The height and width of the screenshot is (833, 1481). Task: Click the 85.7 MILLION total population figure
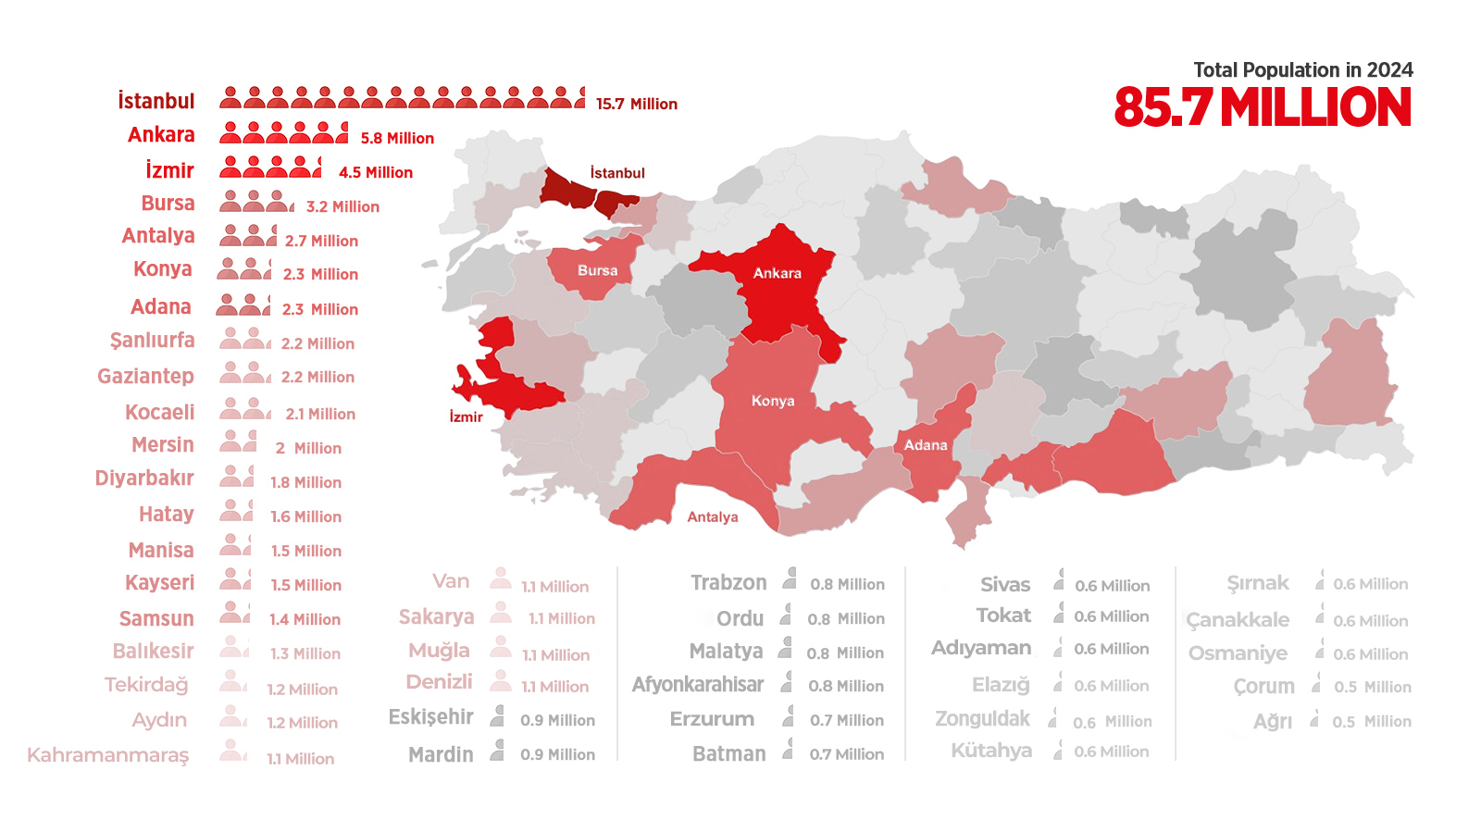tap(1263, 107)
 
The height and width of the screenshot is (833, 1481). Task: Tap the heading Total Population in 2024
tap(1302, 70)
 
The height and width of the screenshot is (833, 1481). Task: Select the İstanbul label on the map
tap(617, 173)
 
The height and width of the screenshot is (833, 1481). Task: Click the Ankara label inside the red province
tap(777, 273)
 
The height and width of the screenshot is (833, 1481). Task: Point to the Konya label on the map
tap(773, 401)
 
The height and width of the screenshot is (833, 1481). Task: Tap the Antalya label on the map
tap(713, 517)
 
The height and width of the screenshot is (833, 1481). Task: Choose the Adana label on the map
tap(926, 445)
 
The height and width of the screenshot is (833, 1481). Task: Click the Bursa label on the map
tap(597, 270)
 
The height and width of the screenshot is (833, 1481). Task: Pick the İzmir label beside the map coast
tap(466, 417)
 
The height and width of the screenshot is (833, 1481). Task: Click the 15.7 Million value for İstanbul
tap(636, 104)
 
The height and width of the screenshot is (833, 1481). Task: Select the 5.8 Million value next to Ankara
tap(397, 138)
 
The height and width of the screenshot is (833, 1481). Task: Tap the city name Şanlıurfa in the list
tap(153, 341)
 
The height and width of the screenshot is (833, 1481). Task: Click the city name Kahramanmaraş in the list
tap(108, 755)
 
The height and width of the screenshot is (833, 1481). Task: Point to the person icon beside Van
tap(501, 579)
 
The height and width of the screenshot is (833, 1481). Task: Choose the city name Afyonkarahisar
tap(698, 685)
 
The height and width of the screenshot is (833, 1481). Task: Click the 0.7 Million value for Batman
tap(846, 754)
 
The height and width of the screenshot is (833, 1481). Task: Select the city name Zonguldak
tap(982, 719)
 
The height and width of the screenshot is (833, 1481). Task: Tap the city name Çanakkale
tap(1238, 620)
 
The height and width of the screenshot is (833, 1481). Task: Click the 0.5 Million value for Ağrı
tap(1372, 722)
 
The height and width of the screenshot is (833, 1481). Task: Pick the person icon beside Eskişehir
tap(498, 715)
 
